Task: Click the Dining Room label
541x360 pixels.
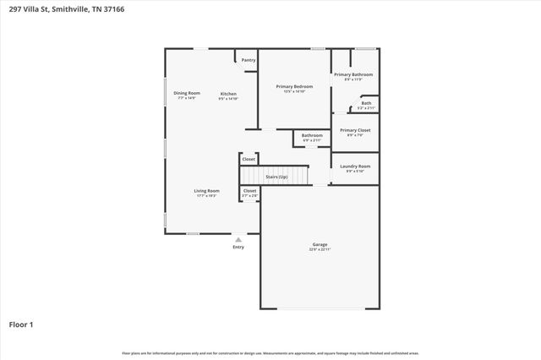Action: coord(187,93)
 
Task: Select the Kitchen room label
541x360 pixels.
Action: coord(228,94)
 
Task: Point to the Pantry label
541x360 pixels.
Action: coord(249,60)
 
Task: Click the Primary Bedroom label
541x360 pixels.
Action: coord(293,86)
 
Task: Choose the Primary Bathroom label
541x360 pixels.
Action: coord(352,75)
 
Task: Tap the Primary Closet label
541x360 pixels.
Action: coord(354,130)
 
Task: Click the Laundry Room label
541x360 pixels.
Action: coord(355,166)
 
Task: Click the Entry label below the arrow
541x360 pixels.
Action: coord(238,247)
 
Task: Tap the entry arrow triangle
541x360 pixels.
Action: coord(238,240)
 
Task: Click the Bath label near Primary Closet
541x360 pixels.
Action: coord(366,104)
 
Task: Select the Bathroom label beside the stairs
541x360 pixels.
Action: coord(312,135)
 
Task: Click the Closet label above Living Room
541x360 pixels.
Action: coord(249,159)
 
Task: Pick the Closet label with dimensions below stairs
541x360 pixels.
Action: coord(249,191)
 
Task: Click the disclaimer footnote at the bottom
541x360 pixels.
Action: coord(270,352)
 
